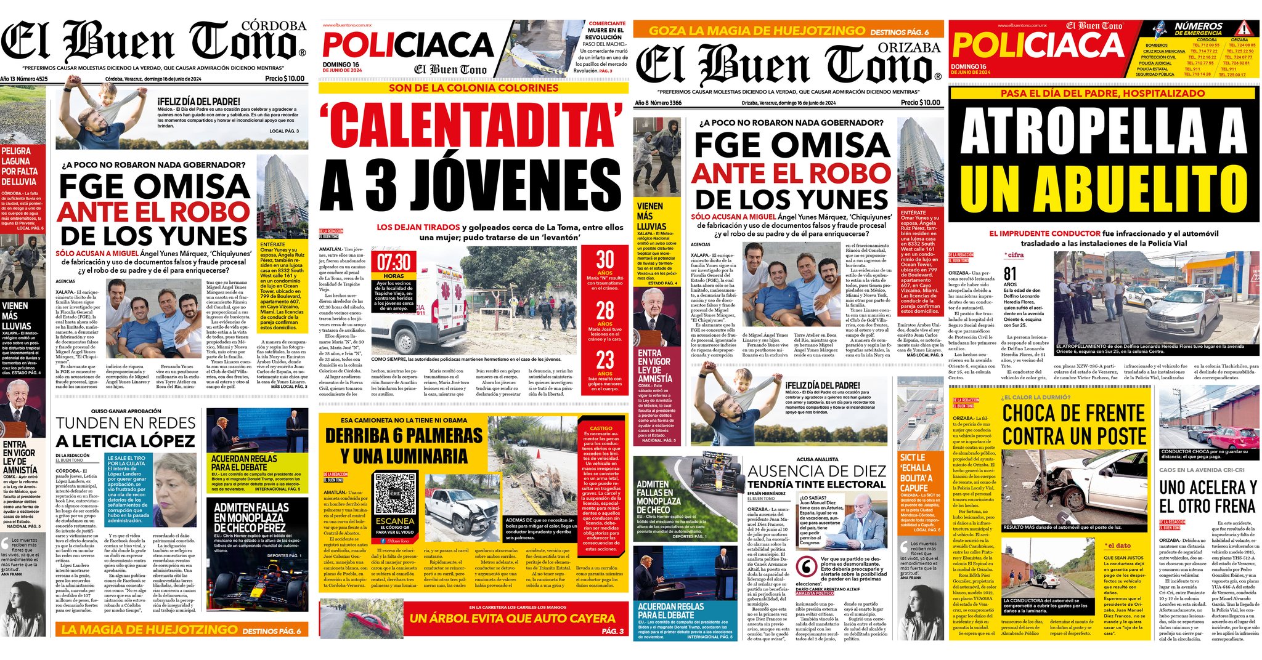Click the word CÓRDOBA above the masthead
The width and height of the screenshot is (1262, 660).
coord(274,26)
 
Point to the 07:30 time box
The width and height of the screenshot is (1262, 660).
coord(394,262)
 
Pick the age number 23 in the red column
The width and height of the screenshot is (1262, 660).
coord(605,360)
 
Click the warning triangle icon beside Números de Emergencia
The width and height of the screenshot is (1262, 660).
coord(1244,28)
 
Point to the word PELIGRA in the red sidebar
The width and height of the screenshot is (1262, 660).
coord(16,151)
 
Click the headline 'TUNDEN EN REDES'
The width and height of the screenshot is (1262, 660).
coord(126,423)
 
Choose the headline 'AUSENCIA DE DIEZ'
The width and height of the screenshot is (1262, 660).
coord(816,471)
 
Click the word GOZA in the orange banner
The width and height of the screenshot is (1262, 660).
coord(667,31)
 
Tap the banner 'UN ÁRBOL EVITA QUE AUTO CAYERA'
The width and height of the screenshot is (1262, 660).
coord(512,618)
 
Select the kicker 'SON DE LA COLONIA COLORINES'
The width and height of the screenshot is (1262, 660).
coord(473,88)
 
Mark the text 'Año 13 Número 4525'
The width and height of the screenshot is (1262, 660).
coord(24,79)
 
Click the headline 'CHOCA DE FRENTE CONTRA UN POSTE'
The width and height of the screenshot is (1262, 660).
coord(1073,424)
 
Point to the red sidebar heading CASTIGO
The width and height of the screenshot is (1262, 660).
coord(601,428)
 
